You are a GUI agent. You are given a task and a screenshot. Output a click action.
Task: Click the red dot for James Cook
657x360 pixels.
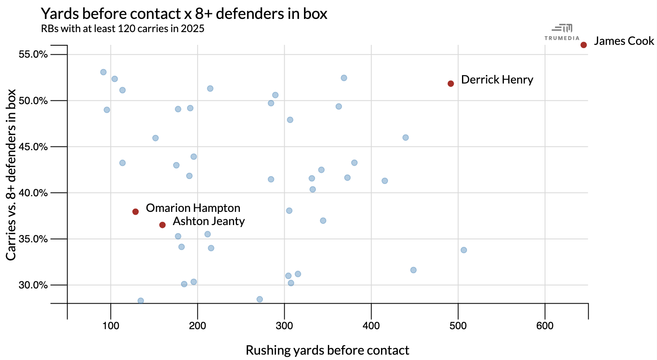pos(583,45)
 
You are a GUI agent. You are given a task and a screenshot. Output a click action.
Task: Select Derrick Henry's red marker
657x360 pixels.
pos(450,84)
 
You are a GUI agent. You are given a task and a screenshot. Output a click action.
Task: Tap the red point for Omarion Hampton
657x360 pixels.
pos(135,211)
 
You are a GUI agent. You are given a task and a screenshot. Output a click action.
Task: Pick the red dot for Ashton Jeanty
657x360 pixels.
pos(163,225)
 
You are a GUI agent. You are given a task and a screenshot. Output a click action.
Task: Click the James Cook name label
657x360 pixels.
pos(624,41)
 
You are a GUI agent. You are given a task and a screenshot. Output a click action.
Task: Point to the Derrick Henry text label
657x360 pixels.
pos(497,80)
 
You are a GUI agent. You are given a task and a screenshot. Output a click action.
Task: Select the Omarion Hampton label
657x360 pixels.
pos(193,208)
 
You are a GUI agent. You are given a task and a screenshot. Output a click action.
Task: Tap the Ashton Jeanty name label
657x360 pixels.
pos(209,221)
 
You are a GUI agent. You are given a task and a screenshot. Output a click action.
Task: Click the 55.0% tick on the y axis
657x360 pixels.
pos(33,55)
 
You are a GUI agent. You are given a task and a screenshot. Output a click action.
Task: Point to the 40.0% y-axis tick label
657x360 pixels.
pos(33,193)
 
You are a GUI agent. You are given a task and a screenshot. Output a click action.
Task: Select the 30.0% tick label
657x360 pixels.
pos(33,285)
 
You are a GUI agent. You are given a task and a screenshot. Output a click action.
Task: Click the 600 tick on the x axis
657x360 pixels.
pos(545,326)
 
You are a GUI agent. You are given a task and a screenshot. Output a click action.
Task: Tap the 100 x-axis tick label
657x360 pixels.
pos(111,326)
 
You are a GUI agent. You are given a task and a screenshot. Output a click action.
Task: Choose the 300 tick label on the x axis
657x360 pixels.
pos(284,326)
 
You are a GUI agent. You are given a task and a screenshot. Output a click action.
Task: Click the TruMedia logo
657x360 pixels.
pos(562,32)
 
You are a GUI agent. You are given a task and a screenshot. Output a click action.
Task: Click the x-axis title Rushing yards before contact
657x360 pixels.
pos(327,350)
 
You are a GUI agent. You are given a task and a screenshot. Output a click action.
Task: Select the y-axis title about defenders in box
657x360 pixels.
pos(11,174)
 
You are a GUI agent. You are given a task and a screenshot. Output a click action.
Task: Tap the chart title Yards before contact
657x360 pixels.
pos(184,14)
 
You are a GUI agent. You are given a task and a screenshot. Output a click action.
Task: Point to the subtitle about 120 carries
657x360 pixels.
pos(123,29)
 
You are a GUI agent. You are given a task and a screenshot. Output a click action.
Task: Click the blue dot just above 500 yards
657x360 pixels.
pos(464,250)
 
